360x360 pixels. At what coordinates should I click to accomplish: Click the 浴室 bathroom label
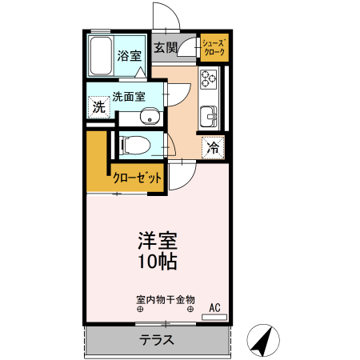[129, 55]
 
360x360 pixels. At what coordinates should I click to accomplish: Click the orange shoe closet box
[214, 47]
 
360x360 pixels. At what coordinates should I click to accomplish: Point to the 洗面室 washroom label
[127, 96]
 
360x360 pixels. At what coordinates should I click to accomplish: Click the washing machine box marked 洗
[98, 106]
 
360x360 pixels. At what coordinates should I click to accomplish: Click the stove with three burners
[209, 79]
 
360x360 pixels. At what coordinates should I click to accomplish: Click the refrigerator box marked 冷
[213, 146]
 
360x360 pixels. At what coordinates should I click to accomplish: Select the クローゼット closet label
[136, 178]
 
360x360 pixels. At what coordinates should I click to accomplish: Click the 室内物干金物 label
[165, 300]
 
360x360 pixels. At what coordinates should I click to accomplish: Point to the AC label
[214, 306]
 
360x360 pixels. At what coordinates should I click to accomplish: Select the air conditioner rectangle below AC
[214, 318]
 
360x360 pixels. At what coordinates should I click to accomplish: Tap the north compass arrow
[262, 340]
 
